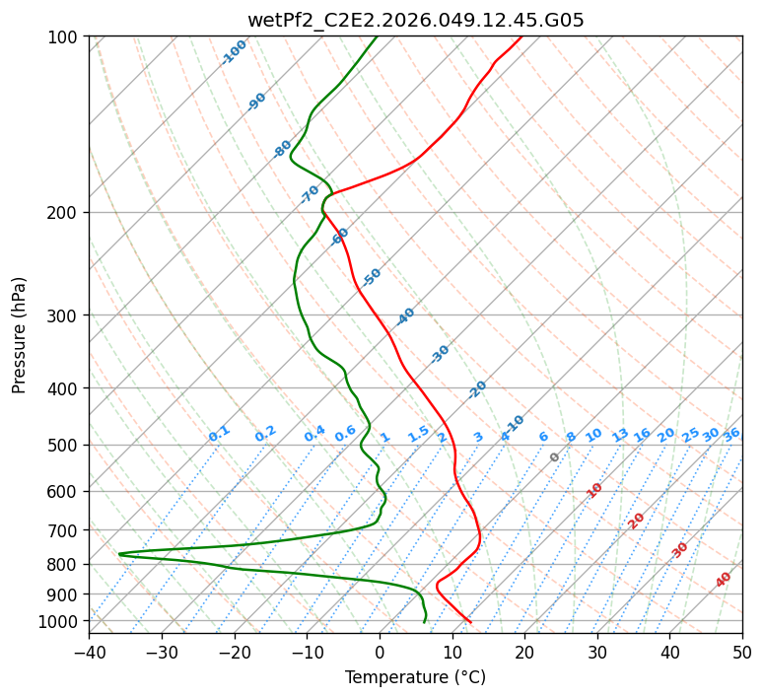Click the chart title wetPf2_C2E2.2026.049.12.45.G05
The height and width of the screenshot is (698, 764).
pyautogui.click(x=415, y=20)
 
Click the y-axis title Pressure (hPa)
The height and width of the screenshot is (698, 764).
pyautogui.click(x=20, y=335)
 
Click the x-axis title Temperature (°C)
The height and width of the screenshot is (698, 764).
pyautogui.click(x=415, y=678)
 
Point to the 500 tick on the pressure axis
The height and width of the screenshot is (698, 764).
pyautogui.click(x=65, y=446)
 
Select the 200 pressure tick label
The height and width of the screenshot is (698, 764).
pyautogui.click(x=65, y=213)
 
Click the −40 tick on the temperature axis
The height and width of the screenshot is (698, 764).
pyautogui.click(x=89, y=653)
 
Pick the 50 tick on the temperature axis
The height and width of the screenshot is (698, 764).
pyautogui.click(x=742, y=653)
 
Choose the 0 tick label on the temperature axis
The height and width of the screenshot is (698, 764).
pyautogui.click(x=380, y=653)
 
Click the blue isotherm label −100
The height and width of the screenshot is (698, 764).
pyautogui.click(x=234, y=52)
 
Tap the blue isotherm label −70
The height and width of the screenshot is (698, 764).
pyautogui.click(x=310, y=193)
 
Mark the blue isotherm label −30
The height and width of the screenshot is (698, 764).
pyautogui.click(x=440, y=354)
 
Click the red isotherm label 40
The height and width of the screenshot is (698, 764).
pyautogui.click(x=724, y=580)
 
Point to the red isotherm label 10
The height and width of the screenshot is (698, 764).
pyautogui.click(x=594, y=490)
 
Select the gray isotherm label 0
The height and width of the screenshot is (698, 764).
pyautogui.click(x=555, y=457)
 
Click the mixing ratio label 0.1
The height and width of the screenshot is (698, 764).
pyautogui.click(x=219, y=433)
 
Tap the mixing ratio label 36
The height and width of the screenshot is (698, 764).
pyautogui.click(x=731, y=435)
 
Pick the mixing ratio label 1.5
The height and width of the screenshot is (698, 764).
pyautogui.click(x=419, y=433)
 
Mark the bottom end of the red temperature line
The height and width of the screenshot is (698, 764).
pyautogui.click(x=470, y=622)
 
